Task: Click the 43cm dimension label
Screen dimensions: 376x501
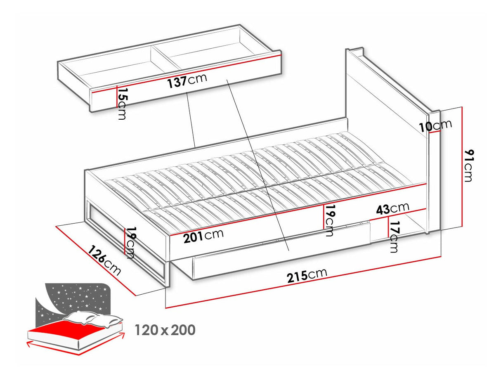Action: coord(392,208)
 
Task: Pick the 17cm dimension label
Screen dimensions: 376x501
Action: coord(394,237)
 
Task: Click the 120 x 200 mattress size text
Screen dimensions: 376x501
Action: coord(165,330)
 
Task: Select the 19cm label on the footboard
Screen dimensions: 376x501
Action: coord(131,243)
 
